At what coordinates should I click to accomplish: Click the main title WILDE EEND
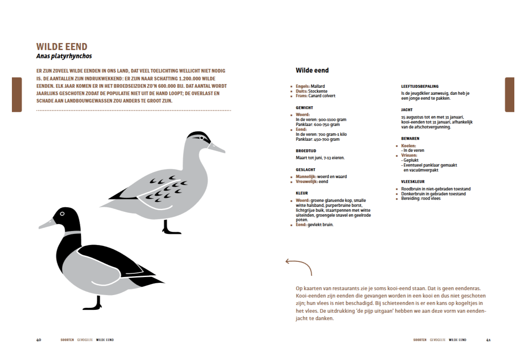tap(62, 47)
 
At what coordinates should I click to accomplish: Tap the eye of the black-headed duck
tap(62, 213)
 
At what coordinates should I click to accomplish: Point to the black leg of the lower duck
tap(97, 303)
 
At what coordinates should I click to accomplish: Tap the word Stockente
tap(318, 91)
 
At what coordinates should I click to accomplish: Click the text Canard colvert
tap(322, 96)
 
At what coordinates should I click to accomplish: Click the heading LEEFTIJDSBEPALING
tap(420, 86)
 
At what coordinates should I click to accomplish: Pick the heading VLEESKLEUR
tap(413, 181)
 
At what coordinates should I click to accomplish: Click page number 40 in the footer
tap(39, 340)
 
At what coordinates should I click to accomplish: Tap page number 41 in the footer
tap(488, 340)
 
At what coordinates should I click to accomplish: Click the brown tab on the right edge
tap(509, 94)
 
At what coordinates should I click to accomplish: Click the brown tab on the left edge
tap(17, 94)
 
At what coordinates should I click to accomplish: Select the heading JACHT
tap(406, 110)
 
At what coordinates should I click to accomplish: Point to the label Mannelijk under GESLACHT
tap(305, 177)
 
